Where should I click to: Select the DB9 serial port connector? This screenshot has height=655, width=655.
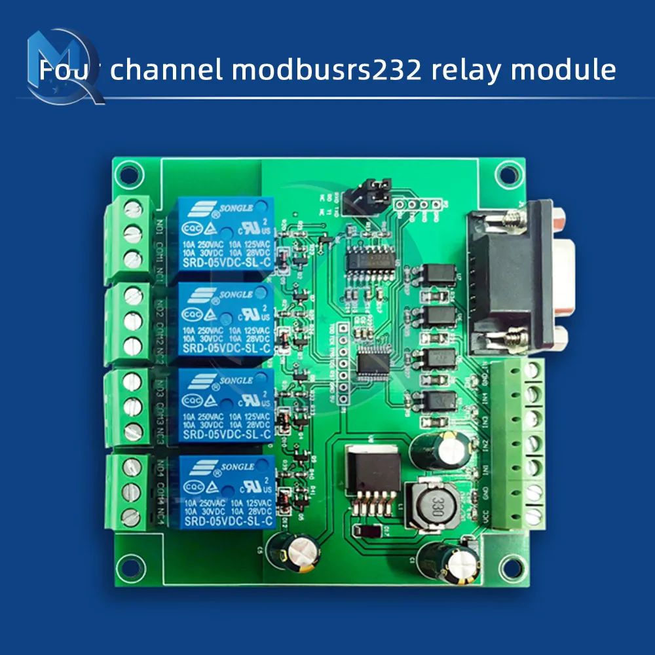pyautogui.click(x=517, y=275)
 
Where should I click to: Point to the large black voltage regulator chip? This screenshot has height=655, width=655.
pyautogui.click(x=372, y=470)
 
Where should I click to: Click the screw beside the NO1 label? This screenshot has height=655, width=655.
pyautogui.click(x=133, y=209)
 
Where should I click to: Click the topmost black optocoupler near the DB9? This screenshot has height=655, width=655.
pyautogui.click(x=439, y=274)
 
